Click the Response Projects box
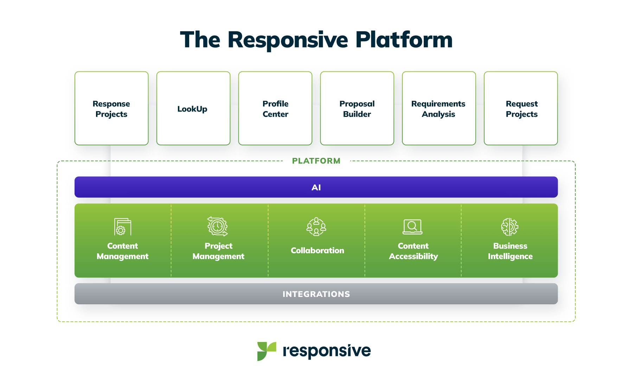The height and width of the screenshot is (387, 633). (111, 108)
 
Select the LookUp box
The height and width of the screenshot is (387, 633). (193, 108)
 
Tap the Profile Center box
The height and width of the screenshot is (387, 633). (275, 108)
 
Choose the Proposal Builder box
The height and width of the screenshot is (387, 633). (357, 108)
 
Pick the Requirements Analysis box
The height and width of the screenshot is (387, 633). (439, 108)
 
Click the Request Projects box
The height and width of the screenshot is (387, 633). (521, 108)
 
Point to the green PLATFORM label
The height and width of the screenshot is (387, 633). (316, 161)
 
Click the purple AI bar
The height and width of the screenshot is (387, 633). (316, 187)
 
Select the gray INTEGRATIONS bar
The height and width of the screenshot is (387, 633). (316, 294)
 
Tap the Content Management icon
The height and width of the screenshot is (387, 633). (122, 227)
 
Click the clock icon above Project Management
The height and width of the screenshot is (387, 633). (218, 226)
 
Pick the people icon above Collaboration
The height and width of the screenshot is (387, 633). (316, 227)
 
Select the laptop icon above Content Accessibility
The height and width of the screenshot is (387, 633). (413, 227)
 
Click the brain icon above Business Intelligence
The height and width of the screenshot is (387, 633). (510, 227)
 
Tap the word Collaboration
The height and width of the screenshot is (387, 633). (317, 250)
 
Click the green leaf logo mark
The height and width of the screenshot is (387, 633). (266, 351)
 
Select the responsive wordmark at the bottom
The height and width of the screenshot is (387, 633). (327, 351)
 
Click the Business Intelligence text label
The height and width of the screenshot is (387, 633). (510, 251)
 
